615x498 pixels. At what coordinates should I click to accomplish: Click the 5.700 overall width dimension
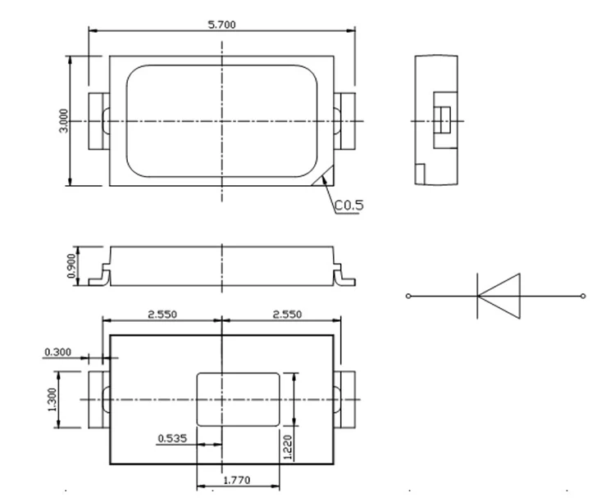point(221,25)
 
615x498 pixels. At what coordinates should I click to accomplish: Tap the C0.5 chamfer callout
point(348,206)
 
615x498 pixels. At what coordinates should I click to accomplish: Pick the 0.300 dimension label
point(57,352)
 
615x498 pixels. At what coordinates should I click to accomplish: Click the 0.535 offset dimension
point(172,438)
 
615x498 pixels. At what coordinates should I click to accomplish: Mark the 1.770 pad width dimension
point(238,481)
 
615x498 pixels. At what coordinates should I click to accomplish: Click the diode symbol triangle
point(501,294)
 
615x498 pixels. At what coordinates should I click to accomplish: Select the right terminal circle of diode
point(583,295)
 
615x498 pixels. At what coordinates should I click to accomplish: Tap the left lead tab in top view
point(98,121)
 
